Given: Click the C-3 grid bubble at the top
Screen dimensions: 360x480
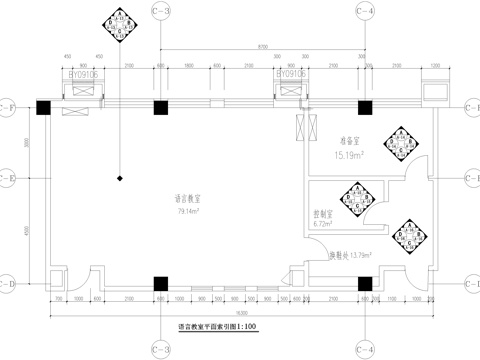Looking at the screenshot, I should click(x=160, y=12).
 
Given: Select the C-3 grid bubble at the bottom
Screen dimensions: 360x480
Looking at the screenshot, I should click(x=160, y=348).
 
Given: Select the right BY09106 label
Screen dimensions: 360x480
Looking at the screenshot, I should click(x=290, y=74).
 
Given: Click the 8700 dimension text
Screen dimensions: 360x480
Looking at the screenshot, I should click(x=261, y=47).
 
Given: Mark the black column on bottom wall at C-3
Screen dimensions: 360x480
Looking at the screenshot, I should click(x=160, y=285).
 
